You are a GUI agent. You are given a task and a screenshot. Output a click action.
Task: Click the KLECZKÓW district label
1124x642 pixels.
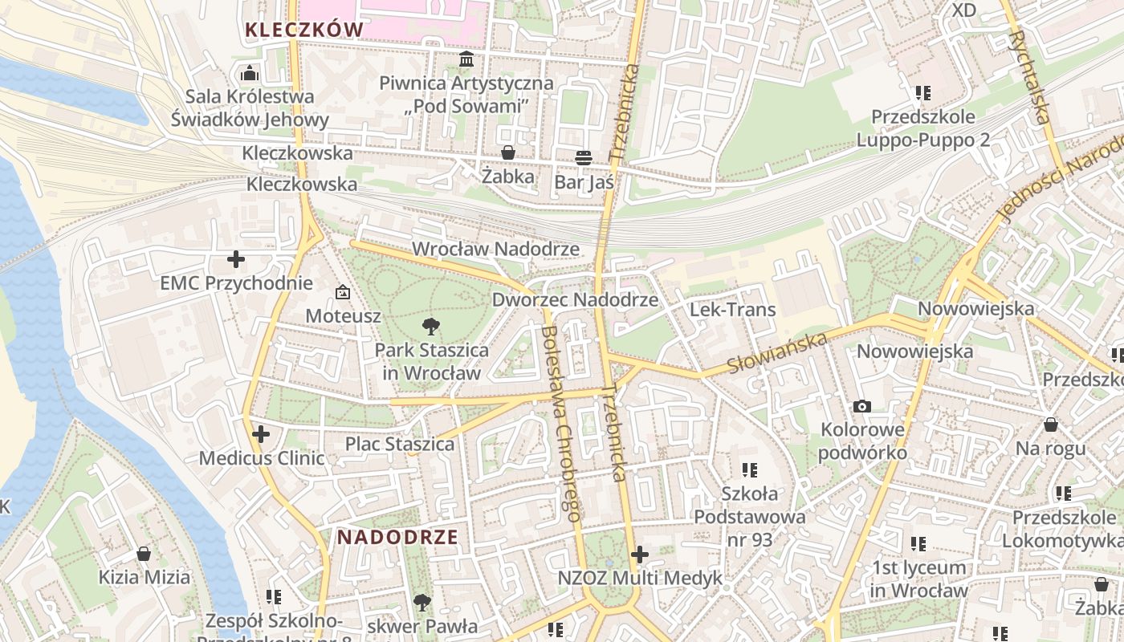pos(303,30)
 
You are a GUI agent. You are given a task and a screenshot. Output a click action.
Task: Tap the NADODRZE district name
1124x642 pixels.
pos(397,537)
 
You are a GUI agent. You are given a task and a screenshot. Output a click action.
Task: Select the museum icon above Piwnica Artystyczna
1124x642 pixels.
pos(466,59)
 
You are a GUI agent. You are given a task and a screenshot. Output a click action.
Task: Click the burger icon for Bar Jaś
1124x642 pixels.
pos(584,158)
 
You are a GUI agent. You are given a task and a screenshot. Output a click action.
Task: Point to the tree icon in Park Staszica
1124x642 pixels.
pos(431,326)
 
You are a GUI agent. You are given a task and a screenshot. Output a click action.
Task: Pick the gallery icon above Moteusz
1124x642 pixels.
pos(343,292)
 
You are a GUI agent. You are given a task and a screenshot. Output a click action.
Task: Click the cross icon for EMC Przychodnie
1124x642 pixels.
pos(236,259)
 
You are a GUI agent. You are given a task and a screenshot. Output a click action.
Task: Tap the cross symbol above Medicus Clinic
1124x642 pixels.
pos(261,434)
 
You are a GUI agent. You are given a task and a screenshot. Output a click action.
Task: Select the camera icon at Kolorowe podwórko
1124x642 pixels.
pos(862,406)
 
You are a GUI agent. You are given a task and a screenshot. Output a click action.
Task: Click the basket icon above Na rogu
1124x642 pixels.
pos(1050,425)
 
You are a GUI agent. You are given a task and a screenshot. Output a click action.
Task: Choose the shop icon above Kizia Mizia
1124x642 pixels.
pos(144,554)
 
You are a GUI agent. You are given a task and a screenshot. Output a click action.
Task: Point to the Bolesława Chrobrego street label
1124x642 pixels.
pos(561,423)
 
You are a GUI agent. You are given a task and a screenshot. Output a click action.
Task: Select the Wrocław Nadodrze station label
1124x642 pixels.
pos(495,249)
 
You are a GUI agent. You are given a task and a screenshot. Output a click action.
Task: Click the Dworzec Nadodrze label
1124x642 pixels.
pos(575,300)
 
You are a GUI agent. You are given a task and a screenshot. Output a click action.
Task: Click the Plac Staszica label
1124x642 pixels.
pos(400,444)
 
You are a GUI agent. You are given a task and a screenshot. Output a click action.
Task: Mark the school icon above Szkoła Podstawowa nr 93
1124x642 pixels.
pos(750,469)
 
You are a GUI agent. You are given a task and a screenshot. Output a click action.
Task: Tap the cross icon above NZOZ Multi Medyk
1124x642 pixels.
pos(640,554)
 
